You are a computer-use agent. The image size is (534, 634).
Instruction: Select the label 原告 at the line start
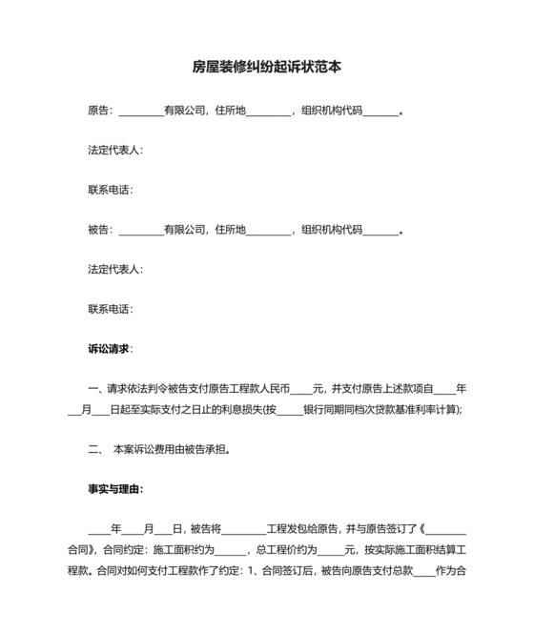[x=99, y=111]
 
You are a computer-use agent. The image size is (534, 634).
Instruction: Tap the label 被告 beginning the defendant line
[x=99, y=230]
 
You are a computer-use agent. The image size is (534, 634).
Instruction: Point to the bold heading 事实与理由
[x=115, y=489]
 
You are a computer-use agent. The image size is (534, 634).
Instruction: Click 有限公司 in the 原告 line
[x=185, y=111]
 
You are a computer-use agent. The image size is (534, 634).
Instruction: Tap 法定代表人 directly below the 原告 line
[x=113, y=151]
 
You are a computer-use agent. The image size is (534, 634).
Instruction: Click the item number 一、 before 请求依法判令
[x=94, y=389]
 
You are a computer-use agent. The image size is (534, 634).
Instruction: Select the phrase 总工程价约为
[x=287, y=550]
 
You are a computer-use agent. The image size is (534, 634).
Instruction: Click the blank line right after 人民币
[x=301, y=389]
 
